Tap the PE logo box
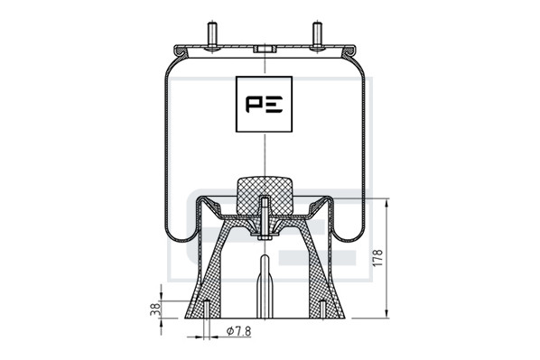[265, 104]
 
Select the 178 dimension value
[378, 257]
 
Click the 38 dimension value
[155, 309]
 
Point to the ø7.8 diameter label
[239, 331]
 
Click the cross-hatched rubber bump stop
[265, 195]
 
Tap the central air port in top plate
[265, 49]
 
